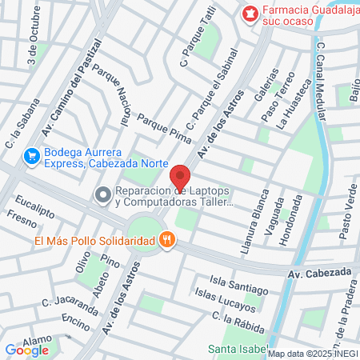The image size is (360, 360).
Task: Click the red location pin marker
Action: pos(180,178)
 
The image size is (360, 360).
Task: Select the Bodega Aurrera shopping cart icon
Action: pos(32,155)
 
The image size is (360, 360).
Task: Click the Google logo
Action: pos(27,350)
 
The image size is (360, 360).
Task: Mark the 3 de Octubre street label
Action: pos(33,38)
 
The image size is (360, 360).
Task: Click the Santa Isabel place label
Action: pos(236,349)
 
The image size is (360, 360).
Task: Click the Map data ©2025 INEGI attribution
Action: pos(313,354)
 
